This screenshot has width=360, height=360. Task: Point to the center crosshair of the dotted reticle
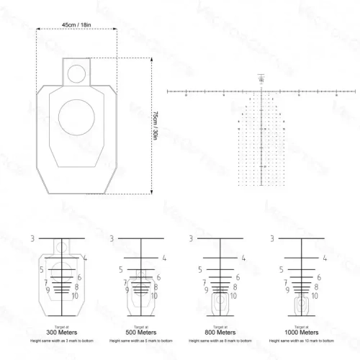(x=261, y=91)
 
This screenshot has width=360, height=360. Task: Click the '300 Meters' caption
(x=60, y=332)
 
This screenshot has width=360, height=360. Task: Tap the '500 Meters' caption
(x=141, y=332)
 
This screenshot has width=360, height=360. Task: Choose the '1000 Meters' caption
(x=300, y=332)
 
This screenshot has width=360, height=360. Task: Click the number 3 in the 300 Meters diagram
(x=33, y=238)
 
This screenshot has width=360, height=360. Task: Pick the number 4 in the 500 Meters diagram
(x=164, y=257)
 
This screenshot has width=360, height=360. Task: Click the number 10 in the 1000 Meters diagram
(x=316, y=296)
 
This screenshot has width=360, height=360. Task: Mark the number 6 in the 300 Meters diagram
(x=78, y=276)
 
